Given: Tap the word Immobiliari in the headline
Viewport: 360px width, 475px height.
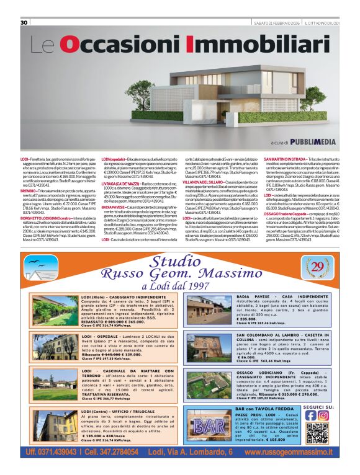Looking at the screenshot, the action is coord(248,45).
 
